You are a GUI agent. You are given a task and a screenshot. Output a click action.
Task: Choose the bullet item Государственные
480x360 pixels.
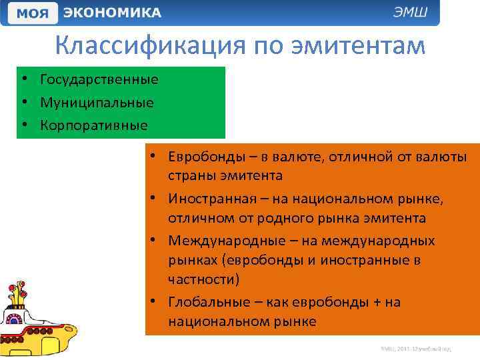pyautogui.click(x=99, y=80)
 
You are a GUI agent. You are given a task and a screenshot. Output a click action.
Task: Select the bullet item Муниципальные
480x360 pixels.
pyautogui.click(x=97, y=103)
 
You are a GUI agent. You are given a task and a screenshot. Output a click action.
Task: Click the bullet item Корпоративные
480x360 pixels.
pyautogui.click(x=93, y=125)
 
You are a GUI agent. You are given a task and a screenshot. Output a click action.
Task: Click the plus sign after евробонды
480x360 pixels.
pyautogui.click(x=376, y=302)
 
